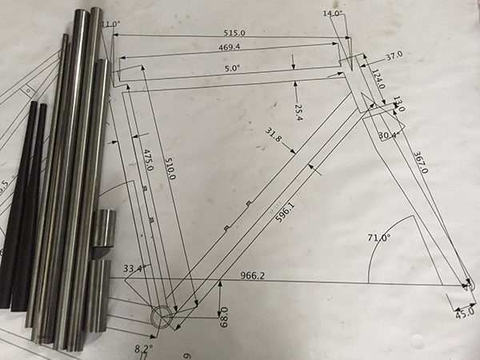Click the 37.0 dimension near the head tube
(393, 57)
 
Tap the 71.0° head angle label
(378, 238)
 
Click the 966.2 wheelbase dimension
(259, 276)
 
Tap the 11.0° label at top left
(111, 25)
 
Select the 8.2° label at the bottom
(142, 348)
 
